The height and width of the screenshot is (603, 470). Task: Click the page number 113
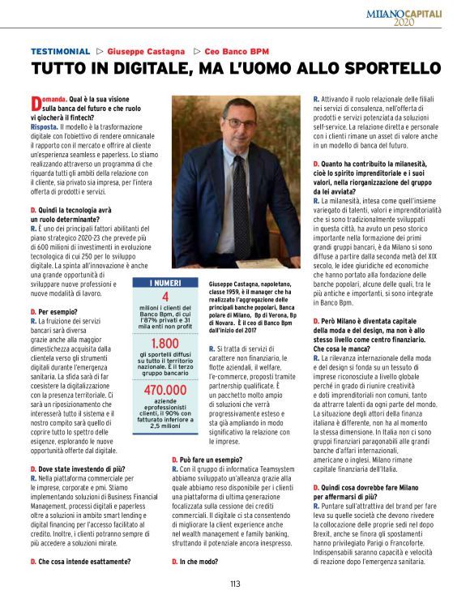click(x=234, y=584)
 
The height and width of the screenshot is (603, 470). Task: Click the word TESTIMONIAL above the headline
click(x=60, y=50)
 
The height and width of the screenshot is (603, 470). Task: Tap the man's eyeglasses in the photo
click(x=245, y=122)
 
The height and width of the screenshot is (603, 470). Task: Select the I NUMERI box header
click(x=165, y=283)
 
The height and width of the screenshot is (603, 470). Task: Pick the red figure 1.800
click(x=165, y=344)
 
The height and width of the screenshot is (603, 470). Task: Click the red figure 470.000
click(x=165, y=391)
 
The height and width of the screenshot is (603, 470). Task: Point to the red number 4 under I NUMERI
click(x=165, y=297)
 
